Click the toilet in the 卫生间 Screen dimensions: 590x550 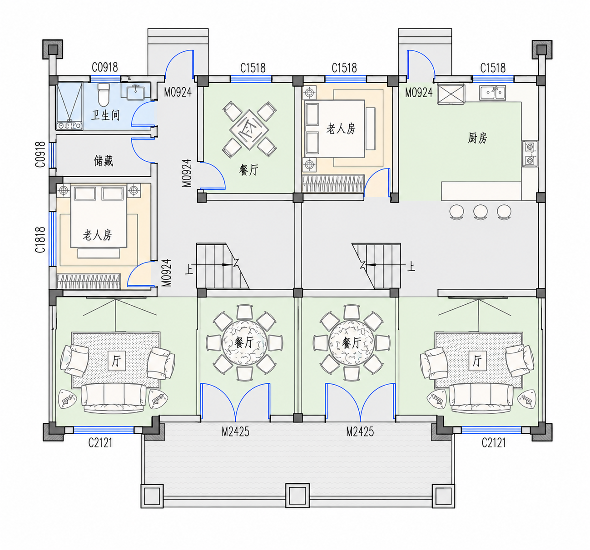point(104,94)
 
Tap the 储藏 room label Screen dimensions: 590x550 point(104,161)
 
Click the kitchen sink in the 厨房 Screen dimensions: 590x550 point(492,92)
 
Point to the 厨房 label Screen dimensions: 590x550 point(477,138)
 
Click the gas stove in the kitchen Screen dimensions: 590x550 point(530,154)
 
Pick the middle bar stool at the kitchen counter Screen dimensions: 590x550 point(480,212)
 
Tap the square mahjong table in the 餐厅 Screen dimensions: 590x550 point(249,129)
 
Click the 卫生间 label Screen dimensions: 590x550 point(105,115)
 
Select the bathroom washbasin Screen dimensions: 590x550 point(135,92)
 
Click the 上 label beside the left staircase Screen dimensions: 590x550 point(189,269)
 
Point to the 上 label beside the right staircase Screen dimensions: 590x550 point(411,266)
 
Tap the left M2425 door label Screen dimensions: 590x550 point(235,432)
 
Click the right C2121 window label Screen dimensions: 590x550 point(493,443)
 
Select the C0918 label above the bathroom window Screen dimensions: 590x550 point(104,68)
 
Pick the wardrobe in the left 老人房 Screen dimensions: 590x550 point(88,281)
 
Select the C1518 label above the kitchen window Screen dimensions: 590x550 point(493,68)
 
